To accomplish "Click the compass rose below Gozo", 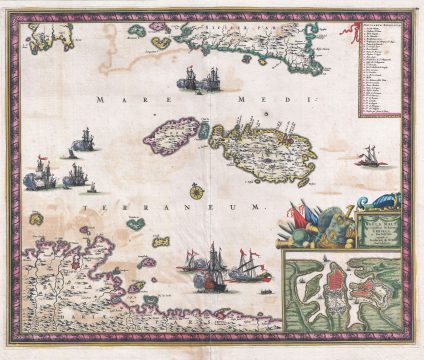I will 197,189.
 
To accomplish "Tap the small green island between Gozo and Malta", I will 204,129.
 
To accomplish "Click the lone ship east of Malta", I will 370,156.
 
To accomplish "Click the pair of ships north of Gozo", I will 199,79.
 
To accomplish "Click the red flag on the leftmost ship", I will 40,163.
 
